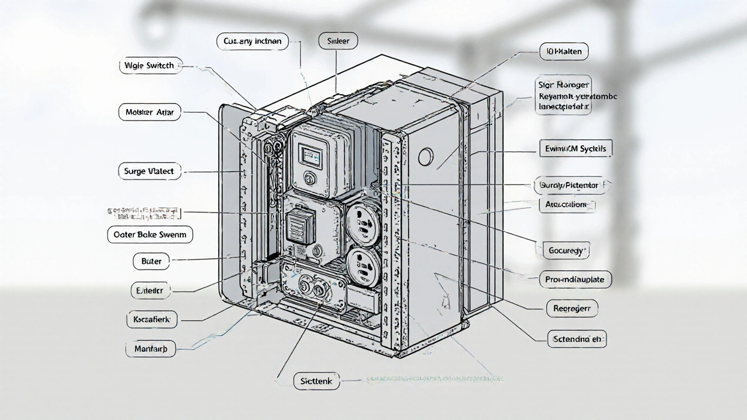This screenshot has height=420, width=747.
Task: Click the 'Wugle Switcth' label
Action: tap(150, 66)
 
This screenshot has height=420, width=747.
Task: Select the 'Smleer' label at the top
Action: tap(338, 40)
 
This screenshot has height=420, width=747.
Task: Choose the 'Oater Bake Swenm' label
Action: tap(150, 235)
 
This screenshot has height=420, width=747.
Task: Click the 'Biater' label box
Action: tap(151, 261)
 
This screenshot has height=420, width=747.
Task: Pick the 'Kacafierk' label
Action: tap(152, 319)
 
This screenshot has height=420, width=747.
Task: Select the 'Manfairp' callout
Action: tap(151, 349)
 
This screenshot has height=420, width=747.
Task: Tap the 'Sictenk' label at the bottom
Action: tap(316, 381)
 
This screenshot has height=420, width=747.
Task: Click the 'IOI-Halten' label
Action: tap(563, 51)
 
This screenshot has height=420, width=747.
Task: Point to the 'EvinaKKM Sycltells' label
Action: tap(575, 149)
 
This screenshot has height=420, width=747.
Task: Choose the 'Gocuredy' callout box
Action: tap(566, 251)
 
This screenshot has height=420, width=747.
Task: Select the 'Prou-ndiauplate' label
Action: tap(575, 279)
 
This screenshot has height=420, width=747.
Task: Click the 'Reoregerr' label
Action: tap(572, 307)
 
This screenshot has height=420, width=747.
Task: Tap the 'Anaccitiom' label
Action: tap(566, 205)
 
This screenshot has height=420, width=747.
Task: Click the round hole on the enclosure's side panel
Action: tap(427, 156)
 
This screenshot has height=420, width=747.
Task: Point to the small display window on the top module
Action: tap(307, 155)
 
